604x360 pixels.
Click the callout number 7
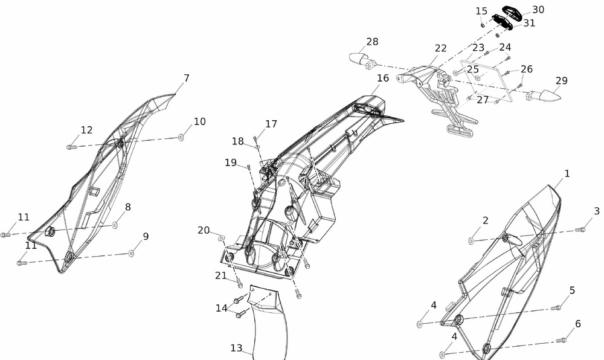[187, 78]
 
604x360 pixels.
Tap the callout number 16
[383, 78]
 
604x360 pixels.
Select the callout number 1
[567, 173]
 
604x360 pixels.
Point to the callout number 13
[236, 348]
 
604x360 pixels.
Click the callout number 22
[441, 48]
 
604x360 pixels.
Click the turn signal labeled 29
[541, 95]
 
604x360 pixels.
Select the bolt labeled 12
[72, 146]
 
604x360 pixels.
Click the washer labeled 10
[181, 138]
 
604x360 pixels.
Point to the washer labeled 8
[115, 225]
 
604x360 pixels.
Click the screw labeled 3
[582, 230]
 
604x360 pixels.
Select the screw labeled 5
[557, 307]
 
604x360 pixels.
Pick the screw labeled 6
[562, 340]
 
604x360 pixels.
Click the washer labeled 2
[471, 241]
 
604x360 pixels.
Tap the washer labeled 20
[222, 239]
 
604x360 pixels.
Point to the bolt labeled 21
[240, 283]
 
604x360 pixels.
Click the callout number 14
[222, 308]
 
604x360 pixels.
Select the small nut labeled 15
[483, 25]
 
